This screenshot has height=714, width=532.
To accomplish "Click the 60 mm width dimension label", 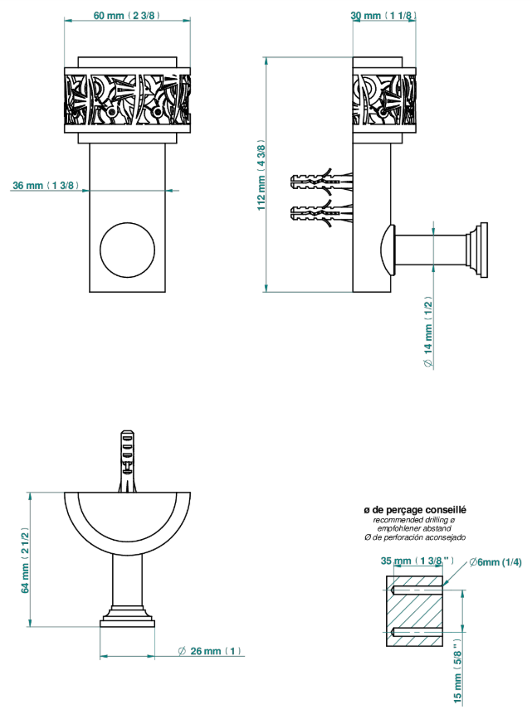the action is pyautogui.click(x=127, y=15).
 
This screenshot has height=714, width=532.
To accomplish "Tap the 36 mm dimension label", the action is pyautogui.click(x=46, y=185).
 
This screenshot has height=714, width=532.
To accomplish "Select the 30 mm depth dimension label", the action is pyautogui.click(x=383, y=16).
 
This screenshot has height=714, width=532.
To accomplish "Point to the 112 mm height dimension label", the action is pyautogui.click(x=261, y=175).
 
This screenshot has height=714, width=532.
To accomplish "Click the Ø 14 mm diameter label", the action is pyautogui.click(x=428, y=332).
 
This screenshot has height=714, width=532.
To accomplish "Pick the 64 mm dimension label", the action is pyautogui.click(x=25, y=561).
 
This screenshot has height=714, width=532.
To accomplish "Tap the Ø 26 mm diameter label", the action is pyautogui.click(x=209, y=651).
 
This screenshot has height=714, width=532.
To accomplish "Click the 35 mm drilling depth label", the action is pyautogui.click(x=417, y=561).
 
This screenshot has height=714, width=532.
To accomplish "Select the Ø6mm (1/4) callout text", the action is pyautogui.click(x=495, y=562).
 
